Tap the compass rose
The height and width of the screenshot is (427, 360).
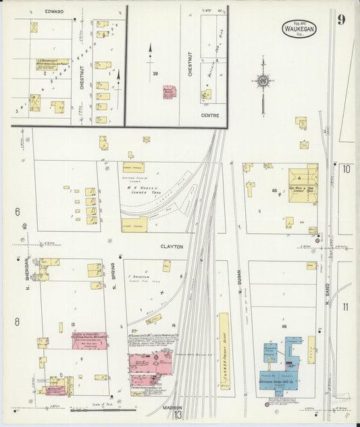point(263,81)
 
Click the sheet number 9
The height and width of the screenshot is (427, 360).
point(342,19)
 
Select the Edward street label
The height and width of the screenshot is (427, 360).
point(54,11)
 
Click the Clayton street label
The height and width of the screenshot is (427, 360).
point(172,247)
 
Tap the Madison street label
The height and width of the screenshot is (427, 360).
point(172,408)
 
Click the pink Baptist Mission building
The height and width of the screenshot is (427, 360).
point(169,92)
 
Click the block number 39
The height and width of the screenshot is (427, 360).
point(155,74)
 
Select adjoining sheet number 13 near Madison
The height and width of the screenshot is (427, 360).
point(178,416)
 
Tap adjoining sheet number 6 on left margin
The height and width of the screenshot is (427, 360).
point(17,211)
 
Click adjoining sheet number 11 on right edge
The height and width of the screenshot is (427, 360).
point(346,307)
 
